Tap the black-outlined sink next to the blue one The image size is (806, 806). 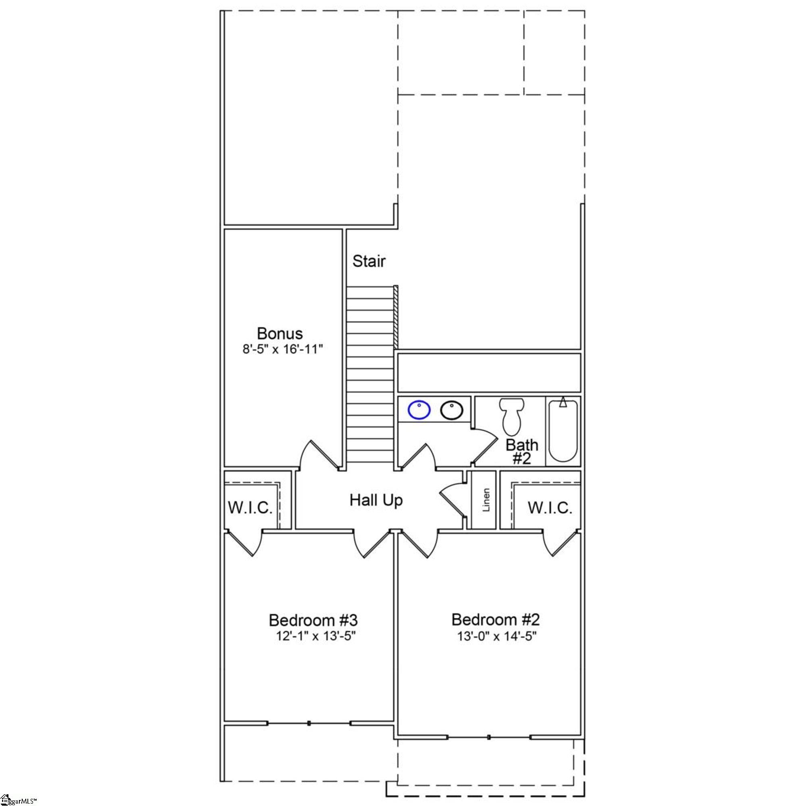tap(451, 410)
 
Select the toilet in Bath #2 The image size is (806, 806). tap(512, 416)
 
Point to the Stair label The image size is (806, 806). tap(369, 261)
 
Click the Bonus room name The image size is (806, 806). tap(280, 333)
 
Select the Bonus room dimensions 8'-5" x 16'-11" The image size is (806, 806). tap(283, 349)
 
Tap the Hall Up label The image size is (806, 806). tap(376, 500)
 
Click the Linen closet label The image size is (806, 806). tap(486, 500)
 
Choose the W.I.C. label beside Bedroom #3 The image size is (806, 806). tap(250, 508)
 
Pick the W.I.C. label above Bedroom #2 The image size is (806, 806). tap(550, 508)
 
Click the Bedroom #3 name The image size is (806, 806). tap(313, 620)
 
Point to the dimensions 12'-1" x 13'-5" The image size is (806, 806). tap(316, 637)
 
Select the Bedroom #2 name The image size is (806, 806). tap(496, 619)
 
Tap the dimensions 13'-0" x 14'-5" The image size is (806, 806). tap(497, 637)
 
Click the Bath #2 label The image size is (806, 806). tap(522, 452)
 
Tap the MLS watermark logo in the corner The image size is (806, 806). tap(19, 801)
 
